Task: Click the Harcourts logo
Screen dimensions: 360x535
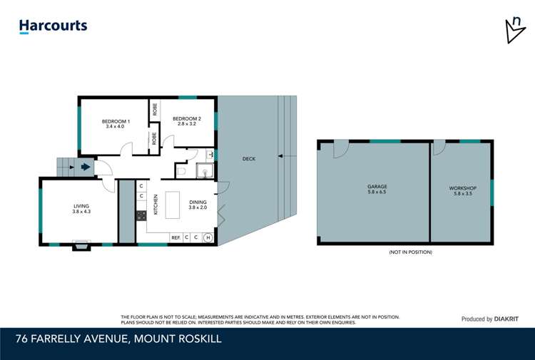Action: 53,26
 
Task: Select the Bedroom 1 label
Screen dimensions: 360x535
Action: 116,123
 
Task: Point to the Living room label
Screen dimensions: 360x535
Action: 81,208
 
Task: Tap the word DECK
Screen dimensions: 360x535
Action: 248,159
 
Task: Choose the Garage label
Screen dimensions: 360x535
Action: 377,190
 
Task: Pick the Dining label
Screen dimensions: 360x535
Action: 198,205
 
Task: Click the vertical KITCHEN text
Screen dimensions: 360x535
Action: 156,206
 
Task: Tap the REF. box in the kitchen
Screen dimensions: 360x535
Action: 175,237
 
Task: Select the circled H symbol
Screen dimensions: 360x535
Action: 208,237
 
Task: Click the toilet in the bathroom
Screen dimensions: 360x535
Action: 180,171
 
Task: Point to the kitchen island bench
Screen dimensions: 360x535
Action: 173,205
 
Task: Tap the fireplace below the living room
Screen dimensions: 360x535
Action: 81,247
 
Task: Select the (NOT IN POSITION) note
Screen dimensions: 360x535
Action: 410,252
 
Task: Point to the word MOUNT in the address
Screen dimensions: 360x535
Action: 156,339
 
